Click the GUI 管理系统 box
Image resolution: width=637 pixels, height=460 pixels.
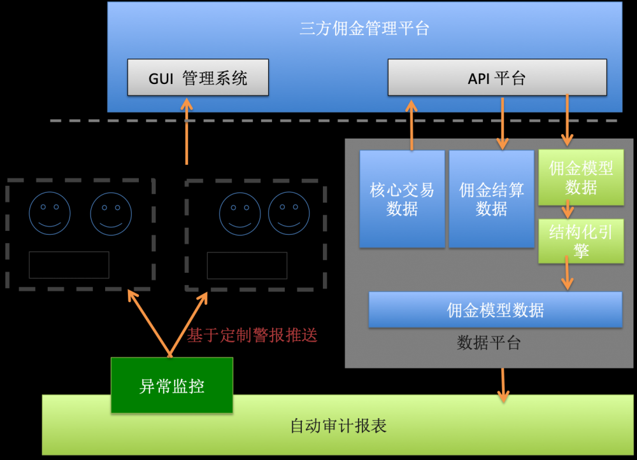(197, 78)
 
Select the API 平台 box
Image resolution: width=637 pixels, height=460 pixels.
(497, 78)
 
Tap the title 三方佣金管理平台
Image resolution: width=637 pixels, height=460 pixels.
(364, 29)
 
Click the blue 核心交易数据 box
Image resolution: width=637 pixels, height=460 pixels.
(402, 199)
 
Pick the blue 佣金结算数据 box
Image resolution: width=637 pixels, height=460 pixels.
(491, 199)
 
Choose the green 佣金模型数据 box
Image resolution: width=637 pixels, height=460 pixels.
(581, 178)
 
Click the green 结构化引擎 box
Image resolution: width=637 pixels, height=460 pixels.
(581, 241)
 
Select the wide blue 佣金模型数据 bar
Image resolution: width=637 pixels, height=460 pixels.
(495, 310)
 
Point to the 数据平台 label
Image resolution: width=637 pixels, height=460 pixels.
(489, 344)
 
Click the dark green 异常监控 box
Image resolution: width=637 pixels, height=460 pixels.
(172, 385)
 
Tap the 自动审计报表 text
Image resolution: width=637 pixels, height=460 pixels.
(338, 426)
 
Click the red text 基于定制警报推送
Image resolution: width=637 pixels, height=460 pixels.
(252, 335)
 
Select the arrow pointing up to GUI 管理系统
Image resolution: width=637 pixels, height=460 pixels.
(187, 131)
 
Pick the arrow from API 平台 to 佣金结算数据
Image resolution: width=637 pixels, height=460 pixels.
(503, 123)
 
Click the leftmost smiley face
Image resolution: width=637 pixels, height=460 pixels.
(50, 214)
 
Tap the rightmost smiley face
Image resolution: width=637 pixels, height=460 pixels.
(289, 214)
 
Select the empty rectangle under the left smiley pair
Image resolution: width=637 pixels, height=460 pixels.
(69, 265)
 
